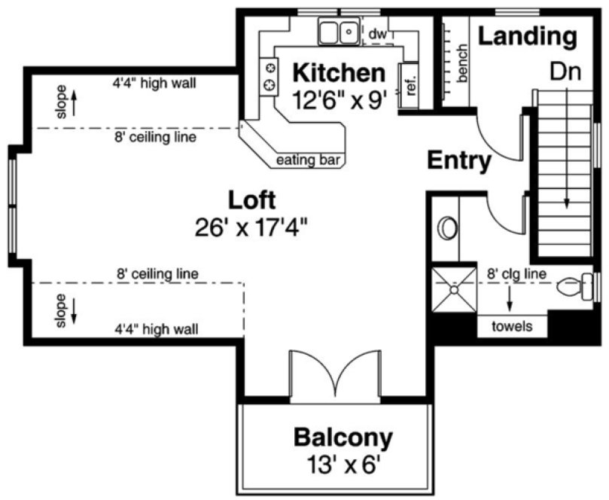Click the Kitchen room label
click(338, 74)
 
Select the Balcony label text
click(343, 437)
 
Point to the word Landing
click(528, 35)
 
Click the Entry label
click(460, 160)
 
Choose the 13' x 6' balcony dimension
click(343, 462)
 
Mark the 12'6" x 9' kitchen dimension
click(340, 99)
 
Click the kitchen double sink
click(337, 32)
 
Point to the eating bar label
click(306, 160)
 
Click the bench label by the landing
click(462, 62)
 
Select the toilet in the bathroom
click(576, 287)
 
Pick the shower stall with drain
click(453, 288)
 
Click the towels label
click(512, 326)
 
